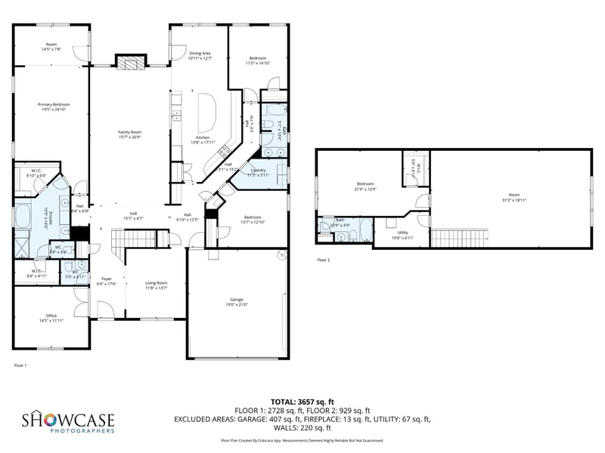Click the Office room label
pyautogui.click(x=51, y=318)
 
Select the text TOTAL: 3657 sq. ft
pyautogui.click(x=302, y=402)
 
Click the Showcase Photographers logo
pyautogui.click(x=67, y=421)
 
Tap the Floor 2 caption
pyautogui.click(x=323, y=260)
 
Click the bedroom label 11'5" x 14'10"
pyautogui.click(x=258, y=60)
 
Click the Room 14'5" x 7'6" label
pyautogui.click(x=51, y=47)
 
